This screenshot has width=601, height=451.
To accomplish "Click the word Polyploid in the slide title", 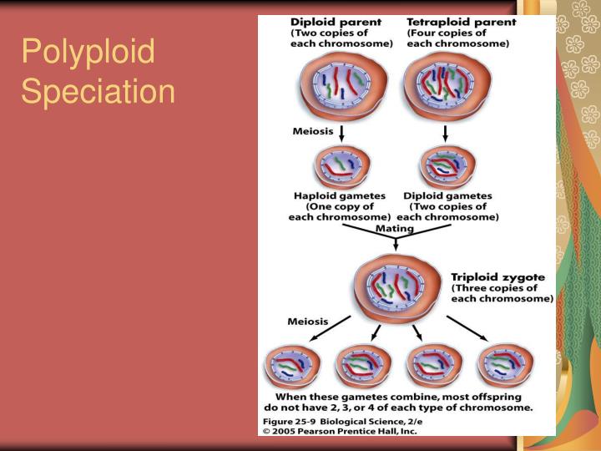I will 88,53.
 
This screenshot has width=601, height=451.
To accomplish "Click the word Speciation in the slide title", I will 98,90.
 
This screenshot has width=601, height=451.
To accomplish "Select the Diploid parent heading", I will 335,22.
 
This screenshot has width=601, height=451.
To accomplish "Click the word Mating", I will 394,227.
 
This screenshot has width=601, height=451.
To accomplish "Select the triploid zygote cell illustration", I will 395,288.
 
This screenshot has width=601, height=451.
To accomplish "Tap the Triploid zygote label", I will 497,277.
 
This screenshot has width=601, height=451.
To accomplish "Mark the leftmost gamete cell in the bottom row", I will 292,368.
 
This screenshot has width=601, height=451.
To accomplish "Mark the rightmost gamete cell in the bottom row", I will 505,368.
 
